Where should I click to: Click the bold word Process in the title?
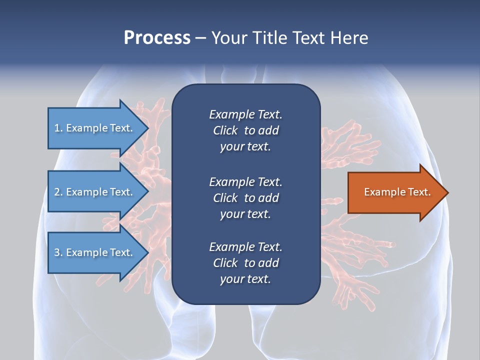point(157,38)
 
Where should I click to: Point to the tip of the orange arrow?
point(447,192)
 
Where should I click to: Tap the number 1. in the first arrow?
point(58,128)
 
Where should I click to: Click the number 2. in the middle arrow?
point(58,192)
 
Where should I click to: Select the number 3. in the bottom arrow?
point(58,252)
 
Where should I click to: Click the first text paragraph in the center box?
point(245,130)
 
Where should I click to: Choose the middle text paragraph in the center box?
point(245,197)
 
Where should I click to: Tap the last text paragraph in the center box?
point(245,263)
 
